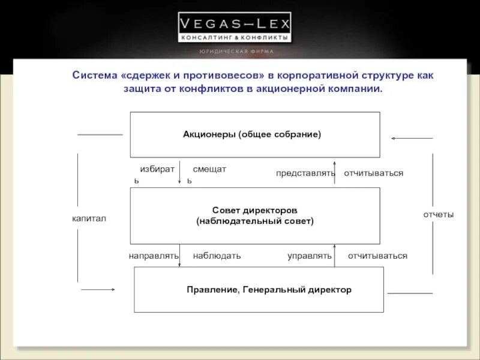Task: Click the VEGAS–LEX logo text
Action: pyautogui.click(x=234, y=24)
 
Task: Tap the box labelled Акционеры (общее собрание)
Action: pyautogui.click(x=255, y=134)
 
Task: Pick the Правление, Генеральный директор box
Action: pyautogui.click(x=259, y=290)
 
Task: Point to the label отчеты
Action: pyautogui.click(x=439, y=214)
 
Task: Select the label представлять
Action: pyautogui.click(x=305, y=173)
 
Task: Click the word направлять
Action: pyautogui.click(x=154, y=256)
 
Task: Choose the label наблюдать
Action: pyautogui.click(x=217, y=256)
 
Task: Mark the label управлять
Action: pyautogui.click(x=310, y=256)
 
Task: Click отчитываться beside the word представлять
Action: pyautogui.click(x=373, y=173)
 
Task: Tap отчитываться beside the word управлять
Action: pyautogui.click(x=377, y=256)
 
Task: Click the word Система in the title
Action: pyautogui.click(x=95, y=76)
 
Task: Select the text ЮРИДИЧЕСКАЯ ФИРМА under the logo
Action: pyautogui.click(x=236, y=51)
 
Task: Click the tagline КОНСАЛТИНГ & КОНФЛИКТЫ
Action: pyautogui.click(x=234, y=37)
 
